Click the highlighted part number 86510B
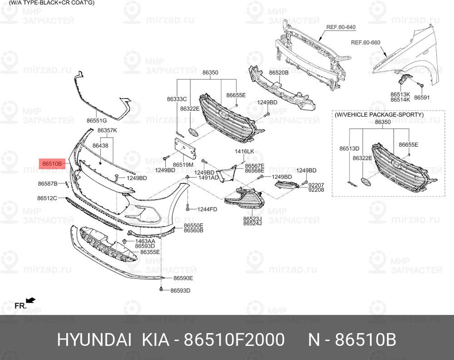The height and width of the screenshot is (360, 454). tap(52, 164)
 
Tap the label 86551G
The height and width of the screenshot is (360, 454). tap(97, 120)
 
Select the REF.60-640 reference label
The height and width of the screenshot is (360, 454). tap(341, 27)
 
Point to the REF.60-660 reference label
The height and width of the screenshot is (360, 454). tap(365, 43)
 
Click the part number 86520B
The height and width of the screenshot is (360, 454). tap(279, 73)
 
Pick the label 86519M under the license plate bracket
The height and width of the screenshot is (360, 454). tap(183, 165)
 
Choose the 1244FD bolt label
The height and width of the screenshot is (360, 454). tap(207, 209)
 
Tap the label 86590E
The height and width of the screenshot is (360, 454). tap(183, 278)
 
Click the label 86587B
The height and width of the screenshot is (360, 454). tap(48, 183)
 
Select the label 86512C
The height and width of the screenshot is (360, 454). tap(47, 198)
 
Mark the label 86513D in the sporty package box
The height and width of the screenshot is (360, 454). tap(349, 148)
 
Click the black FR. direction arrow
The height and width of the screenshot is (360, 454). tap(31, 301)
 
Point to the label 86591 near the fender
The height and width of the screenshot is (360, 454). tap(422, 98)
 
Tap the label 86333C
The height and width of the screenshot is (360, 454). tap(177, 99)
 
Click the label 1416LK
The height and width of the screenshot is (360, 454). tap(244, 151)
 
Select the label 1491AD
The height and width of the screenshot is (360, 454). tap(208, 178)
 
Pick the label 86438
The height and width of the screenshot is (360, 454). tap(100, 145)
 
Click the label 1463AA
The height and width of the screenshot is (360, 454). tap(145, 241)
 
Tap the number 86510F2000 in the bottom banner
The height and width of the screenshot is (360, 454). tap(234, 340)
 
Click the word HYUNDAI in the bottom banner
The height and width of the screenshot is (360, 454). tap(94, 340)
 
